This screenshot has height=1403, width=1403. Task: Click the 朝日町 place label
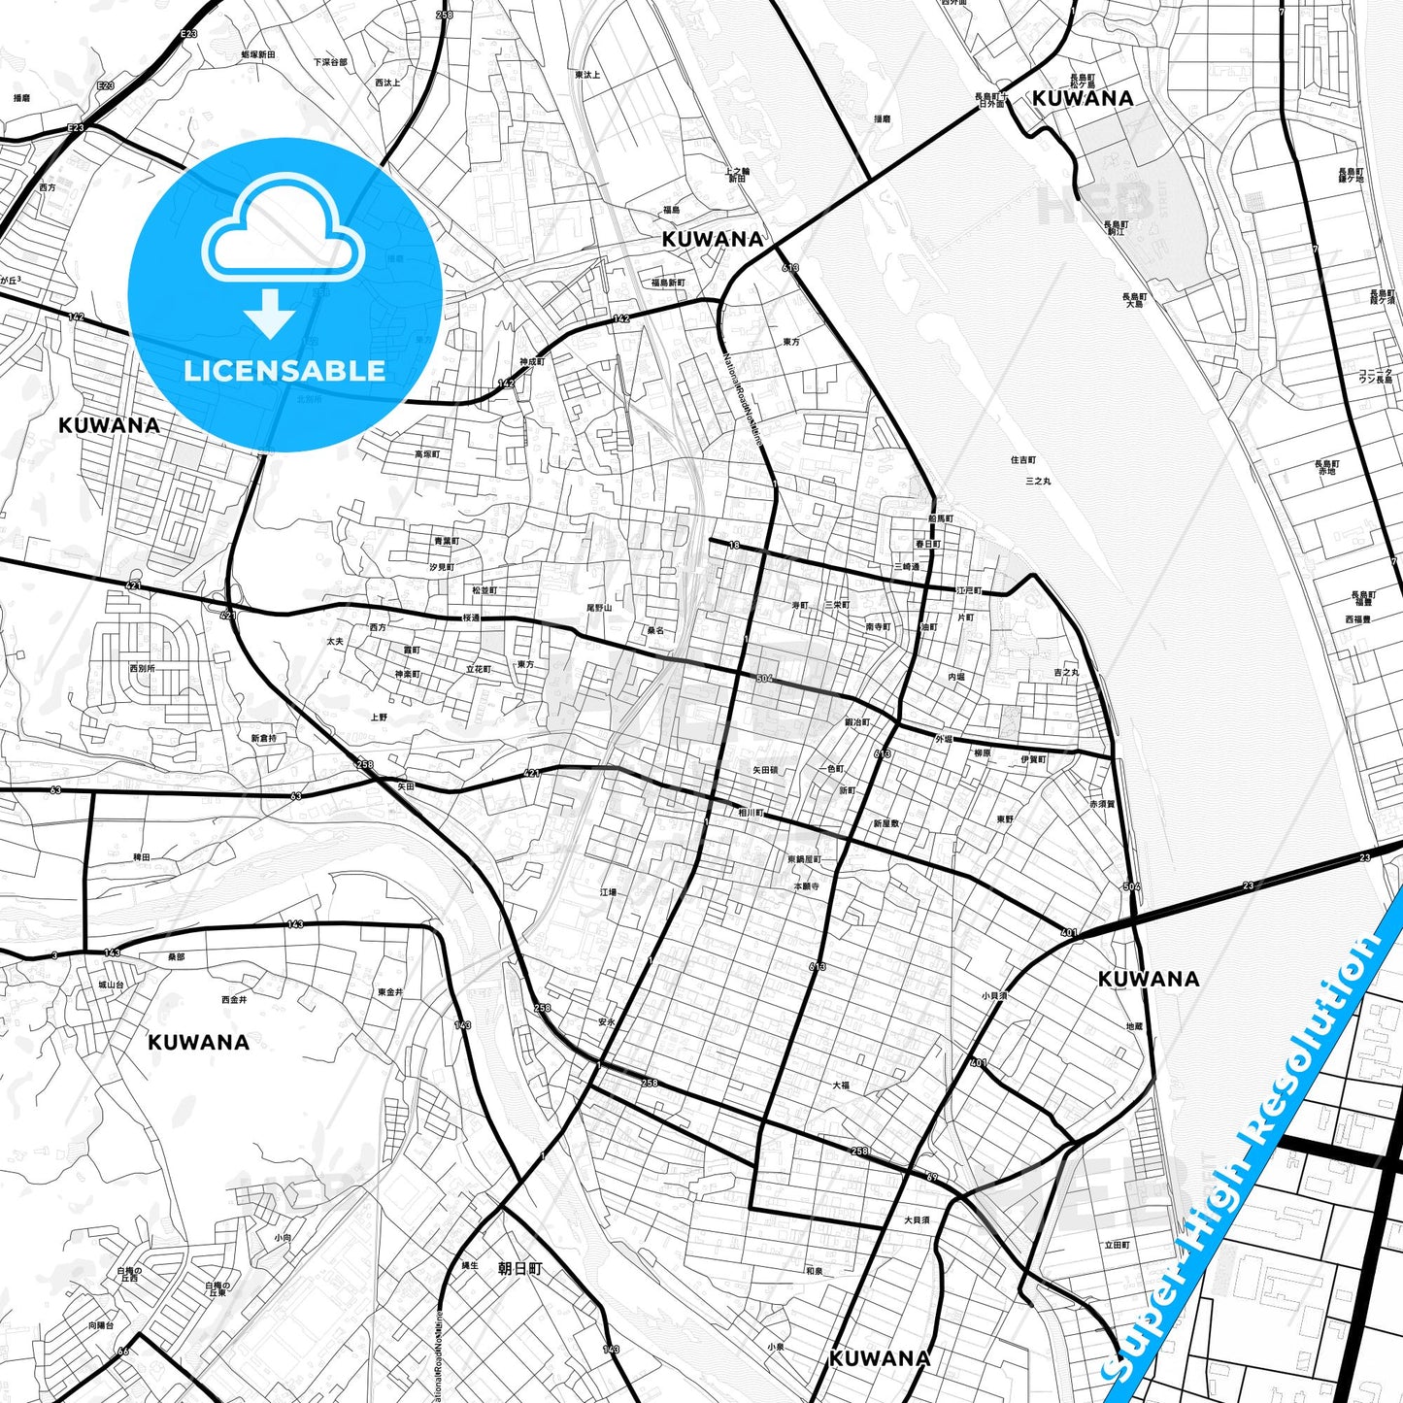click(x=519, y=1268)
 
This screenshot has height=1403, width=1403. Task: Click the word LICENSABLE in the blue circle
click(x=284, y=371)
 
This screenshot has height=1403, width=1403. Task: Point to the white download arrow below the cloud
click(x=270, y=313)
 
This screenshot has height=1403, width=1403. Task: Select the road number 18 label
click(x=734, y=546)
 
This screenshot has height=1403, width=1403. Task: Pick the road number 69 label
click(x=932, y=1178)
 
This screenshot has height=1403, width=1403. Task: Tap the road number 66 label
click(x=123, y=1352)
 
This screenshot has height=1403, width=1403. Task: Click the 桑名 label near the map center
click(x=655, y=630)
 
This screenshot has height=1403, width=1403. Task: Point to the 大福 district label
click(x=841, y=1086)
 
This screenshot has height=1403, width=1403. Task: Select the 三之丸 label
click(x=1038, y=481)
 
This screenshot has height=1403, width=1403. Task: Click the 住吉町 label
click(x=1023, y=460)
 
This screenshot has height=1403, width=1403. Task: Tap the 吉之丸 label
click(x=1066, y=672)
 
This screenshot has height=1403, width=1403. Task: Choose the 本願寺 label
click(x=807, y=886)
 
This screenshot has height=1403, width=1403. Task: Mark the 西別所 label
click(x=142, y=668)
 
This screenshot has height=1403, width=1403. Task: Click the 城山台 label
click(x=111, y=985)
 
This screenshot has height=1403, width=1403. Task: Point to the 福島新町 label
click(x=668, y=283)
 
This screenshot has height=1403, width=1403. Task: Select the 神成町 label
click(x=532, y=362)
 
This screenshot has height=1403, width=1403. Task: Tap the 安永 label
click(x=607, y=1021)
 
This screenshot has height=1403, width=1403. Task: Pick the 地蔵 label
click(x=1134, y=1025)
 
